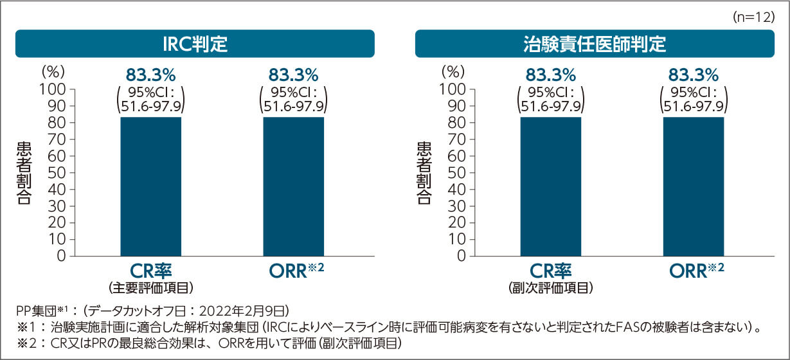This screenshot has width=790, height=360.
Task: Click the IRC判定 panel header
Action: (195, 44)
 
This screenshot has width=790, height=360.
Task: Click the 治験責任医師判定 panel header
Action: (595, 44)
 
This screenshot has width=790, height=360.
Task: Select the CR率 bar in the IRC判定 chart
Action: (151, 186)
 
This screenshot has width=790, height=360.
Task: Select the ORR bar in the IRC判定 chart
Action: (293, 186)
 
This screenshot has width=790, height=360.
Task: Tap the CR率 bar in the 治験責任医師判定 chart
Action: (551, 186)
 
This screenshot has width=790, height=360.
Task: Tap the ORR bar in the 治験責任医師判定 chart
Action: (694, 186)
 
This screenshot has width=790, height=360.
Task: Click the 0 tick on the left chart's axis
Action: (61, 256)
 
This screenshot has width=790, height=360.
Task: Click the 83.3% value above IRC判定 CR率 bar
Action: (151, 74)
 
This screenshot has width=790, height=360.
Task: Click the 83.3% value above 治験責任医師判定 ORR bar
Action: (694, 74)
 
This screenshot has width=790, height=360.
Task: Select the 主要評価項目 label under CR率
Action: (151, 287)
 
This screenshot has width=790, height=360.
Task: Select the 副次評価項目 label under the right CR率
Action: (551, 287)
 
